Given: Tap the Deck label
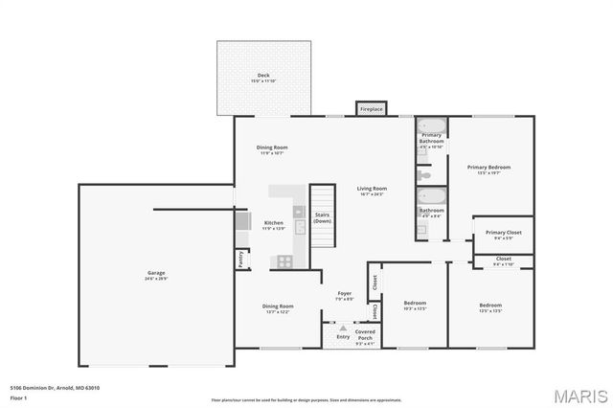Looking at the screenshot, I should (263, 78).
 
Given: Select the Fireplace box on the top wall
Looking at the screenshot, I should (372, 109).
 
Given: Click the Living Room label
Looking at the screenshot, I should (373, 191).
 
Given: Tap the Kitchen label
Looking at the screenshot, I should (274, 225).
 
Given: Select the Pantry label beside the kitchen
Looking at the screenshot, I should (241, 259).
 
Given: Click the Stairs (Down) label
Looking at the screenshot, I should (323, 218).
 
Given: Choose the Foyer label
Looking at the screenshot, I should (345, 296).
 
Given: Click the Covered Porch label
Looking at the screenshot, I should (365, 334).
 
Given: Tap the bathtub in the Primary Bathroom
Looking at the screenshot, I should (432, 127).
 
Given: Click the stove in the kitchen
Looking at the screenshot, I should (284, 261).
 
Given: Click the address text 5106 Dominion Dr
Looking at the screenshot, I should (55, 388).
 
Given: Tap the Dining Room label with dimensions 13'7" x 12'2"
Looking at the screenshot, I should (278, 308).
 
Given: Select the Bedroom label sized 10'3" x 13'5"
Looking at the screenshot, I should (414, 306).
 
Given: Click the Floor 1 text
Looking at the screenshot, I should (19, 397).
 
